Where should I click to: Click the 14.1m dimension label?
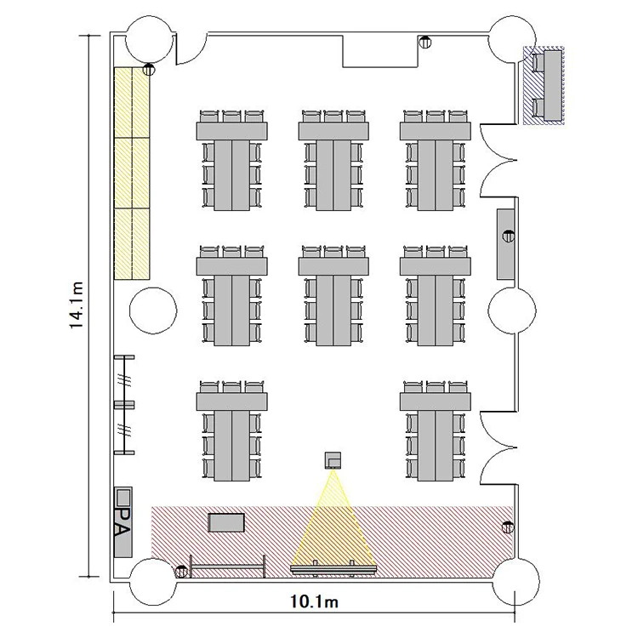77,305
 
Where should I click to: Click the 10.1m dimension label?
314,601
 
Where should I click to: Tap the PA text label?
122,522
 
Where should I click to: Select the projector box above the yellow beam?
333,460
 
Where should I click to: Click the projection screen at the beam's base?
333,569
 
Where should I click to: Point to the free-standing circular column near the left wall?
153,310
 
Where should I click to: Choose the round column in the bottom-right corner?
516,582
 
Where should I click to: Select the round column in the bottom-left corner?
153,582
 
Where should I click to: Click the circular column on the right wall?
512,310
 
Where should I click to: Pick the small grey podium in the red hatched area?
226,523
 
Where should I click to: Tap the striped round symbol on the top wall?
425,42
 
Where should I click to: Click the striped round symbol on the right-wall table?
509,235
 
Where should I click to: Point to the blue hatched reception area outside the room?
544,85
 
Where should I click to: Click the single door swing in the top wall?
191,48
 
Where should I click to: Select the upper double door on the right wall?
498,160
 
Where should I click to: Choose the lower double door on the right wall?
498,447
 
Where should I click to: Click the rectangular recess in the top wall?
381,51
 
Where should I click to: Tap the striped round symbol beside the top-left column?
149,69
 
